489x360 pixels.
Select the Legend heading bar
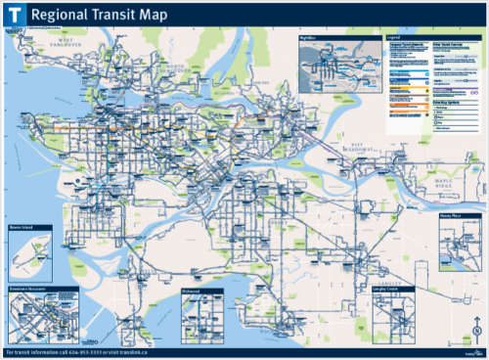coord(430,37)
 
